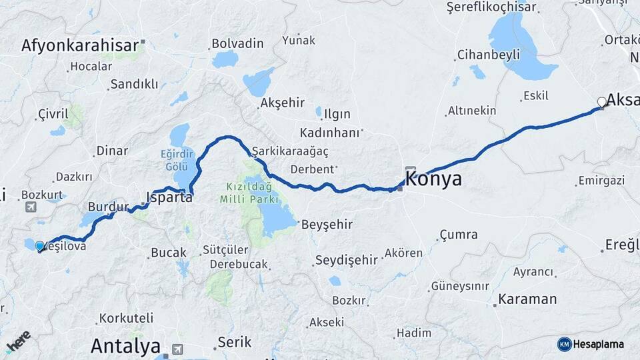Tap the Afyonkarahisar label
click(x=80, y=45)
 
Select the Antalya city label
click(x=125, y=346)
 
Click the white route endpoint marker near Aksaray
click(x=602, y=102)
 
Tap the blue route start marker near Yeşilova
click(x=39, y=246)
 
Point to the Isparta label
click(x=169, y=197)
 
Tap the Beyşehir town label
click(x=327, y=225)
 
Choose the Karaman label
click(x=527, y=299)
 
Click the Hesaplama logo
click(x=591, y=344)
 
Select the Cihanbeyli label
click(x=488, y=55)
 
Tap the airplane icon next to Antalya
click(x=177, y=349)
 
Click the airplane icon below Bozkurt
click(x=31, y=207)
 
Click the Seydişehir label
click(x=347, y=260)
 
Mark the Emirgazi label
click(x=601, y=181)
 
